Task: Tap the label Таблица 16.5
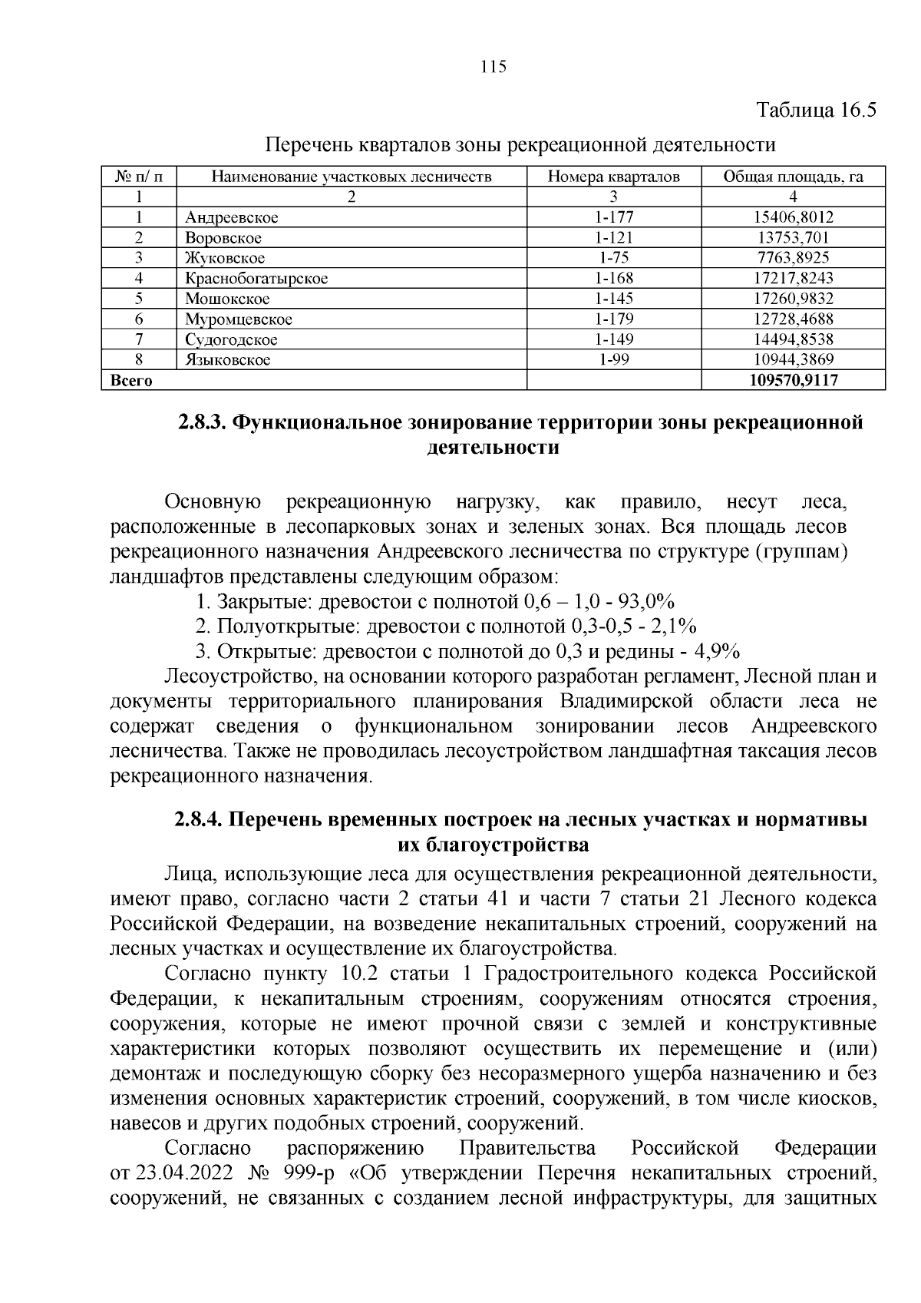(817, 111)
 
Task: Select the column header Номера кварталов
(613, 177)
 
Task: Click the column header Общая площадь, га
(793, 177)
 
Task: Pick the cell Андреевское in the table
(231, 217)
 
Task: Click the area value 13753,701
(793, 238)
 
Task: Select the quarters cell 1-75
(613, 258)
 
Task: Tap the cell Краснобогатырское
(256, 279)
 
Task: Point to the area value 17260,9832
(793, 299)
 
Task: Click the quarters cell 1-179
(613, 319)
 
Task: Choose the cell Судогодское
(231, 339)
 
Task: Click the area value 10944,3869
(793, 359)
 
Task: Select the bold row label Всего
(132, 380)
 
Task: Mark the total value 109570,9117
(793, 380)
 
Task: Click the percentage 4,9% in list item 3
(716, 652)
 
